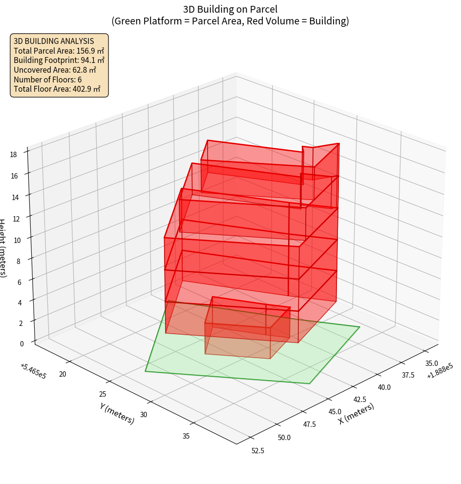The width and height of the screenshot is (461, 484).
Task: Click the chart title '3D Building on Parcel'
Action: (230, 9)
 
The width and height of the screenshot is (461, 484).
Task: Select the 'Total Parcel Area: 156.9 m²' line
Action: (59, 51)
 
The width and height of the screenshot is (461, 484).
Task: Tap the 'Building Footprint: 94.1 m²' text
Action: (59, 60)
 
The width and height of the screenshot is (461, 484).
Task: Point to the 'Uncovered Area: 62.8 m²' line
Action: (55, 70)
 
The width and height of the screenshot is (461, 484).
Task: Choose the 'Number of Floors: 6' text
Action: (47, 80)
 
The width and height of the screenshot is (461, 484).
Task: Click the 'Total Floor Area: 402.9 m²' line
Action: (57, 89)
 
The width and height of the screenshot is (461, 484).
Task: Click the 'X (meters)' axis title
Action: (356, 413)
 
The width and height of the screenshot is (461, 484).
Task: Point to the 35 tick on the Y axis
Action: (186, 436)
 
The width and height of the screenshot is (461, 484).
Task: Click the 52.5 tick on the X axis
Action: (257, 450)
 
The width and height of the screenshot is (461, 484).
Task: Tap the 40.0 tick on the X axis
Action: (384, 387)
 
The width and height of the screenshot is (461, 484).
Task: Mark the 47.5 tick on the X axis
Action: (309, 424)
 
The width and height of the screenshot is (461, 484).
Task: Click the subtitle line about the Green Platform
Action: (230, 21)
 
